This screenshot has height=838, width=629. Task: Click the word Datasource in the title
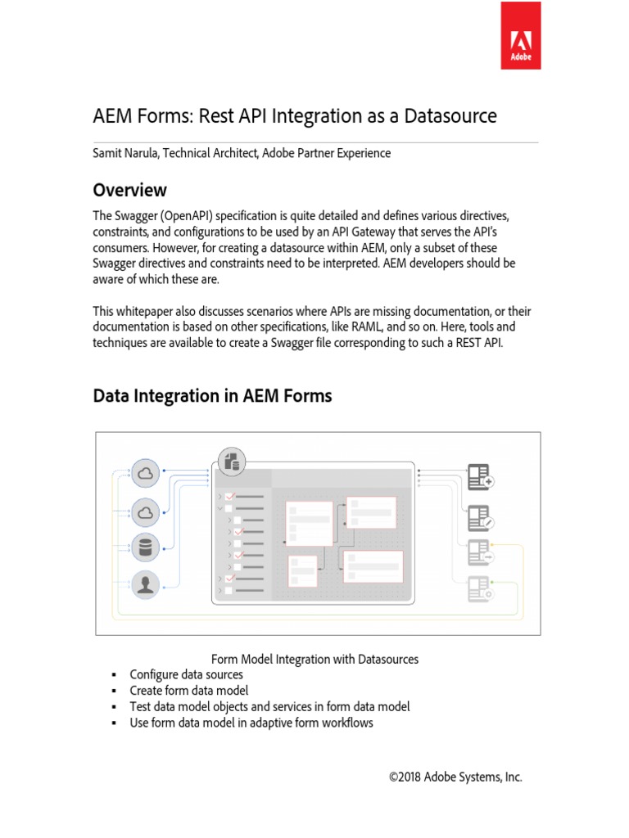[x=449, y=115]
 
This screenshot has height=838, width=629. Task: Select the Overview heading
[x=129, y=190]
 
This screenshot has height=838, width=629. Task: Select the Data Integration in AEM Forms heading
[x=212, y=396]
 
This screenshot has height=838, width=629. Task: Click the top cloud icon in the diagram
[x=146, y=473]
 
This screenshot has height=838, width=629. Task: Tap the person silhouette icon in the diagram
[x=146, y=584]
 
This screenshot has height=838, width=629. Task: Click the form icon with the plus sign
[x=479, y=477]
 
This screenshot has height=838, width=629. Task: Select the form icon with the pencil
[x=479, y=516]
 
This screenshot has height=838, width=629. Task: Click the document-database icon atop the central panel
[x=230, y=461]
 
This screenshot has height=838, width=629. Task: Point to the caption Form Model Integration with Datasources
[x=314, y=659]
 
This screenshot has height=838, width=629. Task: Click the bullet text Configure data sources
[x=186, y=674]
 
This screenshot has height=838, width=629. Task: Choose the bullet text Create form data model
[x=188, y=690]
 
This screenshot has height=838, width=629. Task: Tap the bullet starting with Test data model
[x=269, y=706]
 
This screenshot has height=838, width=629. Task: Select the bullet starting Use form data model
[x=251, y=723]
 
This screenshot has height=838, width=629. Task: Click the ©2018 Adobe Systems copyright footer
[x=455, y=777]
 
